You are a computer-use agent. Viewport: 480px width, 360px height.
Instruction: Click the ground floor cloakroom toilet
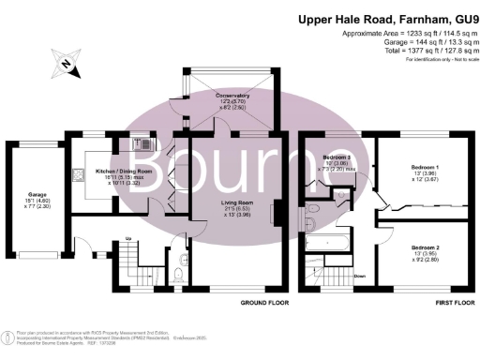(x=179, y=274)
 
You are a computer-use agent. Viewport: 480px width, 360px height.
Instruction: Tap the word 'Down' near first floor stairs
(x=360, y=276)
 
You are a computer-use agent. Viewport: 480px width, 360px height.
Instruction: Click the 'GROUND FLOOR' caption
(x=263, y=304)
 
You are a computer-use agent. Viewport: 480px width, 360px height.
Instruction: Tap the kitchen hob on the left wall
(x=75, y=173)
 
